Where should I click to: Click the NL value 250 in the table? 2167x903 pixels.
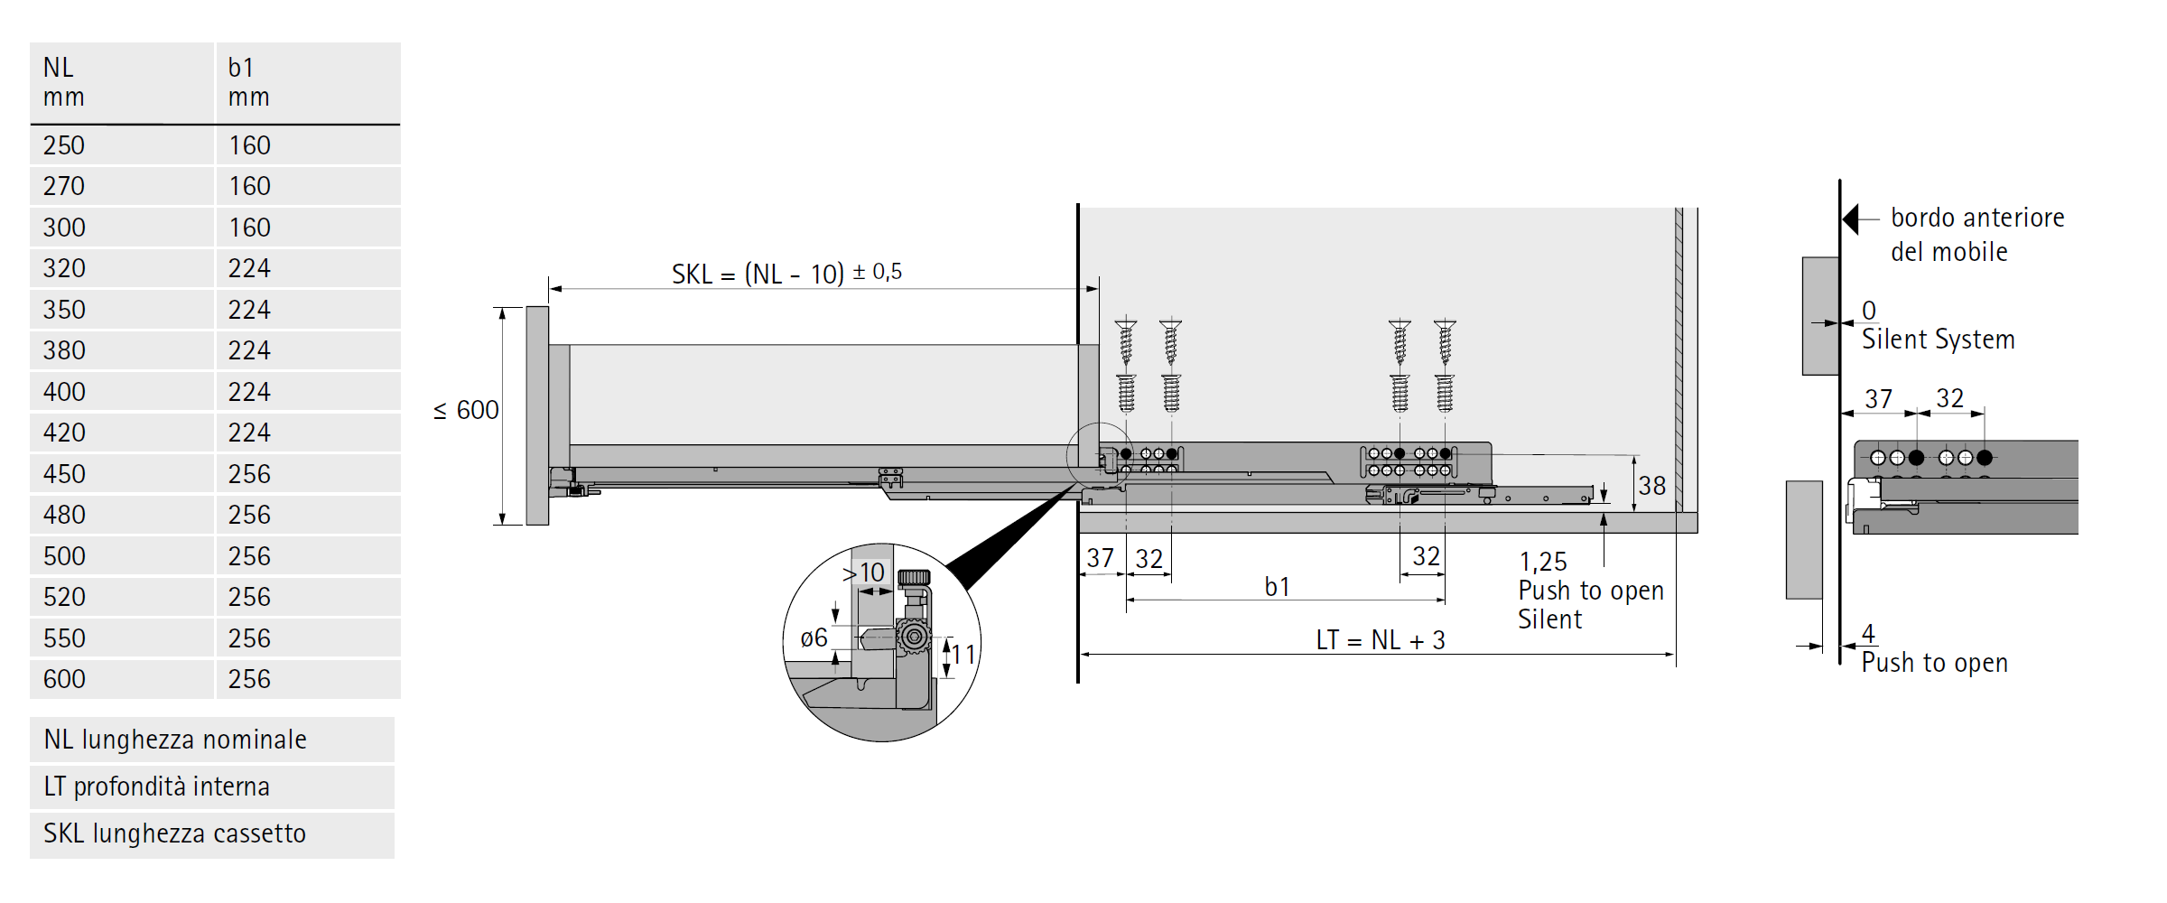pyautogui.click(x=64, y=145)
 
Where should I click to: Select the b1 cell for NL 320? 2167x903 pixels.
pyautogui.click(x=249, y=268)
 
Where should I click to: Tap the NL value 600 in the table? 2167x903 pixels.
pyautogui.click(x=64, y=679)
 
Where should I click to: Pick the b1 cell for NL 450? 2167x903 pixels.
pyautogui.click(x=249, y=474)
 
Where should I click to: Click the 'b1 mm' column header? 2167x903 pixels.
pyautogui.click(x=248, y=82)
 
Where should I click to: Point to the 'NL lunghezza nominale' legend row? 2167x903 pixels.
pyautogui.click(x=175, y=740)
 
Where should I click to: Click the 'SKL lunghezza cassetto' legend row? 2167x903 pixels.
pyautogui.click(x=175, y=833)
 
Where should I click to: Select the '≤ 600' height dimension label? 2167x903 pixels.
pyautogui.click(x=466, y=410)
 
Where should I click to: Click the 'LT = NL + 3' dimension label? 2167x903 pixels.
pyautogui.click(x=1380, y=640)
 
